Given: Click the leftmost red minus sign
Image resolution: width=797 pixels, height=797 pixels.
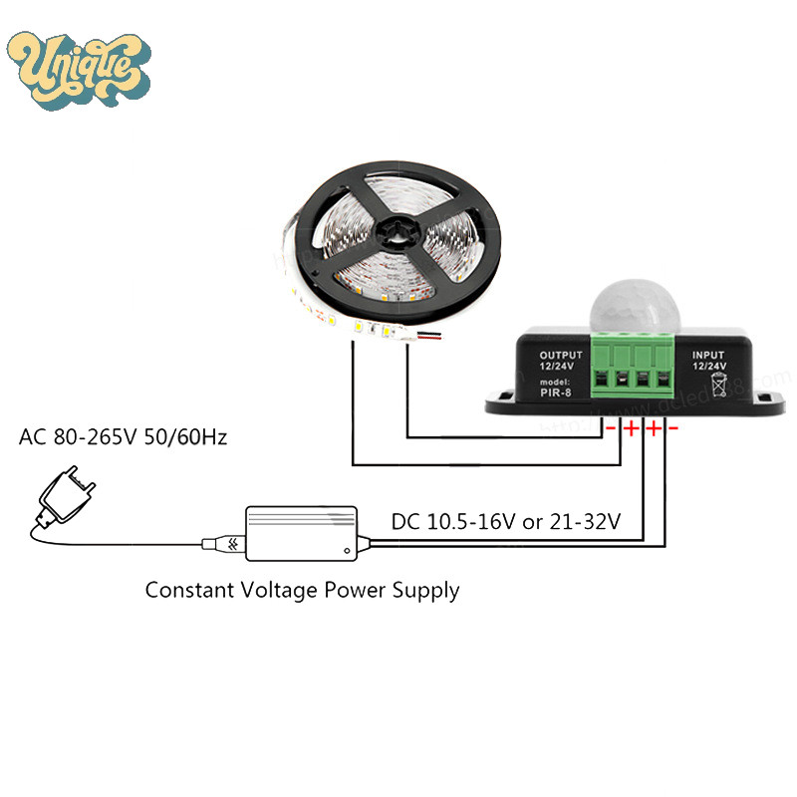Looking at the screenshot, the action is pos(611,428).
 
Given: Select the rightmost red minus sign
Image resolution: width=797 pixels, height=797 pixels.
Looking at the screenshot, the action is pos(673,428).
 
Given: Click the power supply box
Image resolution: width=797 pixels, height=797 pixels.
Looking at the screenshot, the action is pos(302,529).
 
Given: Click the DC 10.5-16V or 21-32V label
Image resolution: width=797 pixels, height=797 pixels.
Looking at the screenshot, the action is pos(506,520).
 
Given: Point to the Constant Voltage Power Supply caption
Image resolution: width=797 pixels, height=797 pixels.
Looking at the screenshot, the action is pos(302,590).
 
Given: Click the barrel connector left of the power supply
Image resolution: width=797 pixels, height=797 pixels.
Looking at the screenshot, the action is pos(219,544).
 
